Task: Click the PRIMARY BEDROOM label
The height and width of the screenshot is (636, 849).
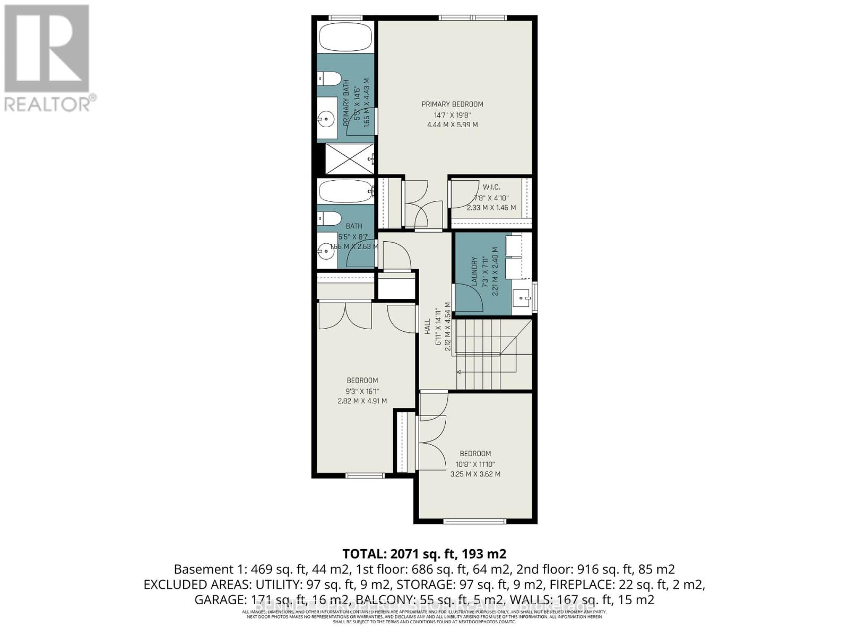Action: pyautogui.click(x=452, y=104)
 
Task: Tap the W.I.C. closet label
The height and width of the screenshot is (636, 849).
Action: pyautogui.click(x=491, y=187)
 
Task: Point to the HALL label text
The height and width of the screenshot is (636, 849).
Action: pyautogui.click(x=427, y=326)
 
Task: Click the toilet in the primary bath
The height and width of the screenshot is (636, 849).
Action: pyautogui.click(x=330, y=79)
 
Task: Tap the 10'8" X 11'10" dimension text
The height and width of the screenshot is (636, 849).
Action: pyautogui.click(x=475, y=464)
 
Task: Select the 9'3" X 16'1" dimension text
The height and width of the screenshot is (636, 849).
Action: pyautogui.click(x=362, y=391)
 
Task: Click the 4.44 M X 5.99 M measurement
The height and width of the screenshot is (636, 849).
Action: pyautogui.click(x=452, y=125)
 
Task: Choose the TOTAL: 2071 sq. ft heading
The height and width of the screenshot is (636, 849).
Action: pyautogui.click(x=424, y=554)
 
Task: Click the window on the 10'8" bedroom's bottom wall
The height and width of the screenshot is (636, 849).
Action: pyautogui.click(x=475, y=522)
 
